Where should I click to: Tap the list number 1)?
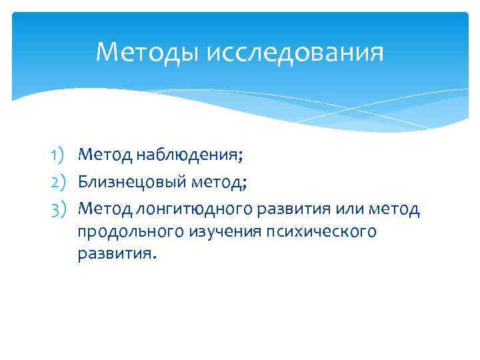tap(61, 155)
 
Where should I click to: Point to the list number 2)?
tap(61, 181)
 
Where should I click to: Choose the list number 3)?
tap(61, 209)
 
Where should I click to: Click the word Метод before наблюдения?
tap(105, 155)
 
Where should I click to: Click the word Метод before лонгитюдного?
tap(105, 209)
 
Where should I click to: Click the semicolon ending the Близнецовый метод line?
tap(246, 183)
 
